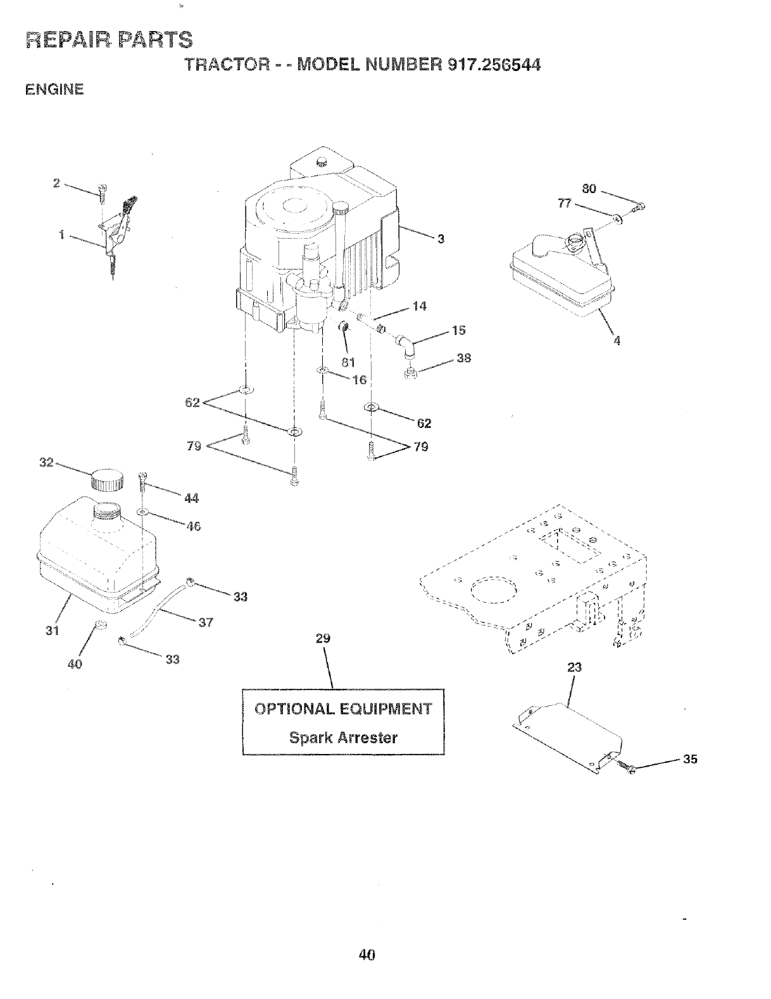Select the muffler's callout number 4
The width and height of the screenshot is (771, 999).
coord(617,341)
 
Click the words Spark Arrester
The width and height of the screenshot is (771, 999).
coord(343,738)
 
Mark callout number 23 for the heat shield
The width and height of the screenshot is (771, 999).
coord(575,667)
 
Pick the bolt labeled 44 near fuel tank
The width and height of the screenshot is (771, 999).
coord(142,481)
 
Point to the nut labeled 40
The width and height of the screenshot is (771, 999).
coord(99,625)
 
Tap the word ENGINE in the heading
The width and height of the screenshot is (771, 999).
coord(54,90)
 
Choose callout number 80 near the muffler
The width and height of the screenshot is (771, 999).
coord(590,189)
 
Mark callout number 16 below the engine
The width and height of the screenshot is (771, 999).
coord(360,380)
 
